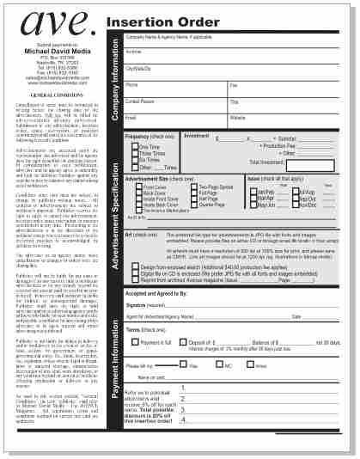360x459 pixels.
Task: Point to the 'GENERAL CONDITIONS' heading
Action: click(56, 94)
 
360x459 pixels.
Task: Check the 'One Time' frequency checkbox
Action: click(135, 147)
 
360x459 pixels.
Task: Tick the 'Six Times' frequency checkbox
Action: click(135, 160)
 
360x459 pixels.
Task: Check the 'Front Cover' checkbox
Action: click(138, 187)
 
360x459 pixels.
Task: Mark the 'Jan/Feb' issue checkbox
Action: click(252, 192)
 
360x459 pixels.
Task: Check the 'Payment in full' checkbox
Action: click(136, 342)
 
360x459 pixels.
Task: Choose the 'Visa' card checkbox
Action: click(182, 365)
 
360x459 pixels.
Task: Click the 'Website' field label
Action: click(238, 117)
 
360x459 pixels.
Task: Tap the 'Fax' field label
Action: click(234, 85)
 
